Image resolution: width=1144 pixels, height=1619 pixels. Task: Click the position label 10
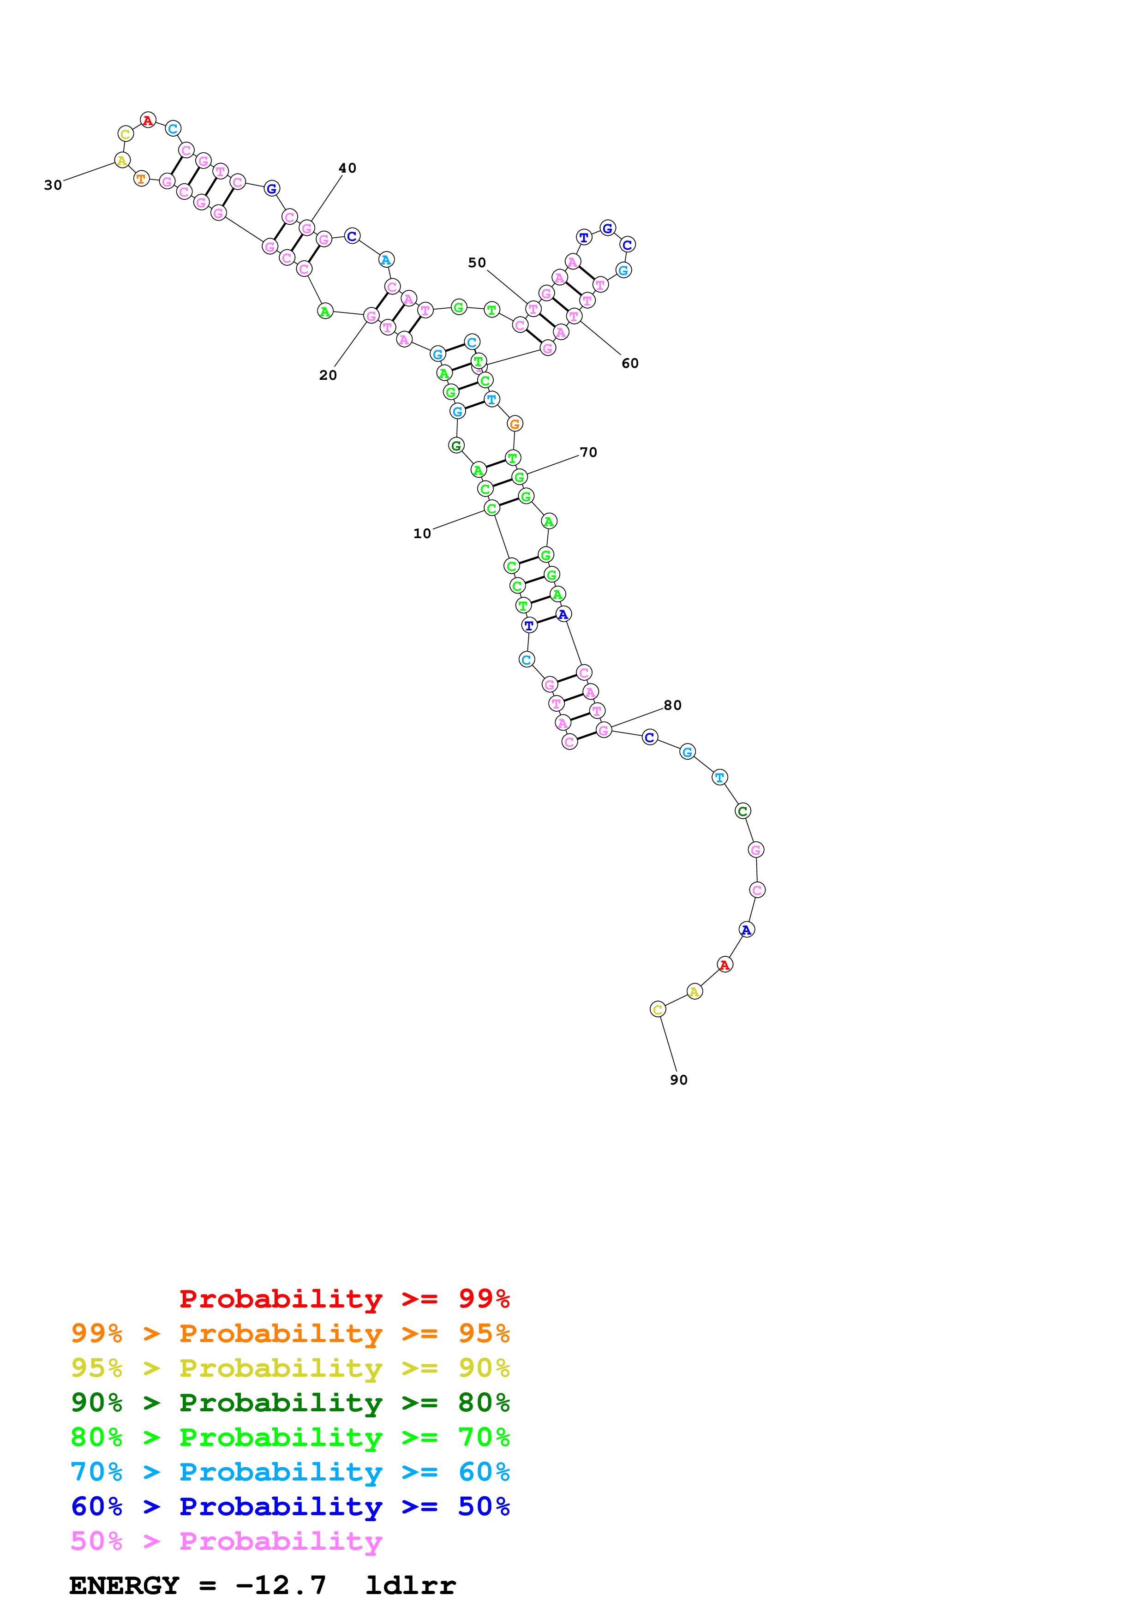(x=421, y=534)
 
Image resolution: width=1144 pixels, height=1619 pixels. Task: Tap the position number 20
(x=328, y=375)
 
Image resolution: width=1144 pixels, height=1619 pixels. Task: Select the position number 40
(x=347, y=168)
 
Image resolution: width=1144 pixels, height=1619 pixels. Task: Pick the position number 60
(x=629, y=363)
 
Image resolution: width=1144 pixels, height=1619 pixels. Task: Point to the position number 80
(x=672, y=705)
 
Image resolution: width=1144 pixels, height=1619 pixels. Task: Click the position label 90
(x=678, y=1079)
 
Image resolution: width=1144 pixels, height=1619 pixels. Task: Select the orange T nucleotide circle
(x=141, y=179)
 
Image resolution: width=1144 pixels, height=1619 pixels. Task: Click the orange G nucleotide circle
(x=515, y=424)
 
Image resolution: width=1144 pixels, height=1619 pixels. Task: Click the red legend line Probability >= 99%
(x=344, y=1298)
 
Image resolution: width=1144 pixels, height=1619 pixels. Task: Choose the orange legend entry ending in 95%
(x=290, y=1333)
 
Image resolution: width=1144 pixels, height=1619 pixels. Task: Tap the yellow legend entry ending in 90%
(x=290, y=1368)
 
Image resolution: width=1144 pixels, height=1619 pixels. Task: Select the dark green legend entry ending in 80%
(x=290, y=1403)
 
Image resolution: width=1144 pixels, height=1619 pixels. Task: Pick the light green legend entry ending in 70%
(x=290, y=1437)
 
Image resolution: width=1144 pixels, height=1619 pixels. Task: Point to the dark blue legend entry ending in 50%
(x=290, y=1506)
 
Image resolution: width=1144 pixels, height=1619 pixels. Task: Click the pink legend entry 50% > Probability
(x=226, y=1541)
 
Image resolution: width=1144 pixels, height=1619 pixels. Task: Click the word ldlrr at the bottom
(x=410, y=1586)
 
